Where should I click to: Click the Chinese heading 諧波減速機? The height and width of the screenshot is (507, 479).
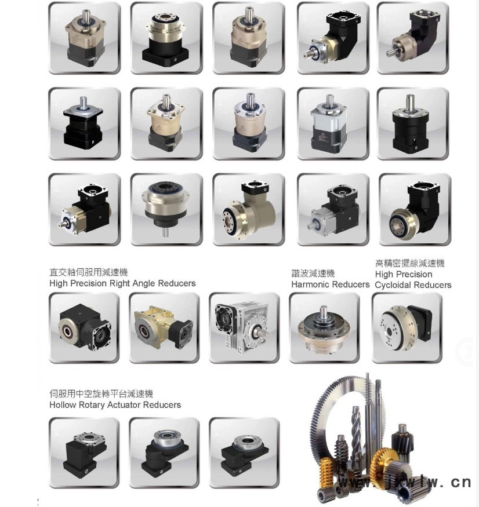pyautogui.click(x=313, y=273)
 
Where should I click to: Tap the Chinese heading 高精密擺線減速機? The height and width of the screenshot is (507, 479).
pyautogui.click(x=410, y=263)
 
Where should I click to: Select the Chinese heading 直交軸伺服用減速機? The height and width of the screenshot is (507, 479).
pyautogui.click(x=88, y=272)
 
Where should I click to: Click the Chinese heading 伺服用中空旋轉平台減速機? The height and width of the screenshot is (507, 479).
pyautogui.click(x=101, y=393)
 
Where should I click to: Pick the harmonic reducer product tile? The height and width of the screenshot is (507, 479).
pyautogui.click(x=325, y=328)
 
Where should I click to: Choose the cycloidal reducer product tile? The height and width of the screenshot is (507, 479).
pyautogui.click(x=407, y=328)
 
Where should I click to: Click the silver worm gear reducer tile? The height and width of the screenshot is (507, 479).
pyautogui.click(x=244, y=328)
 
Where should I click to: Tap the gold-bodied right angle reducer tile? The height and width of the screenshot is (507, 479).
pyautogui.click(x=164, y=328)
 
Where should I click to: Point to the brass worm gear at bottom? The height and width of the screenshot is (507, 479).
pyautogui.click(x=326, y=475)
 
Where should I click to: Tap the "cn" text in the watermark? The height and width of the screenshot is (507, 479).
pyautogui.click(x=461, y=483)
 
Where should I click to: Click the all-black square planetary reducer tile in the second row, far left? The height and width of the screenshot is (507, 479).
pyautogui.click(x=85, y=123)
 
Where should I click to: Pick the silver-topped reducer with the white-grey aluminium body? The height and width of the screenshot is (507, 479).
pyautogui.click(x=333, y=123)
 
